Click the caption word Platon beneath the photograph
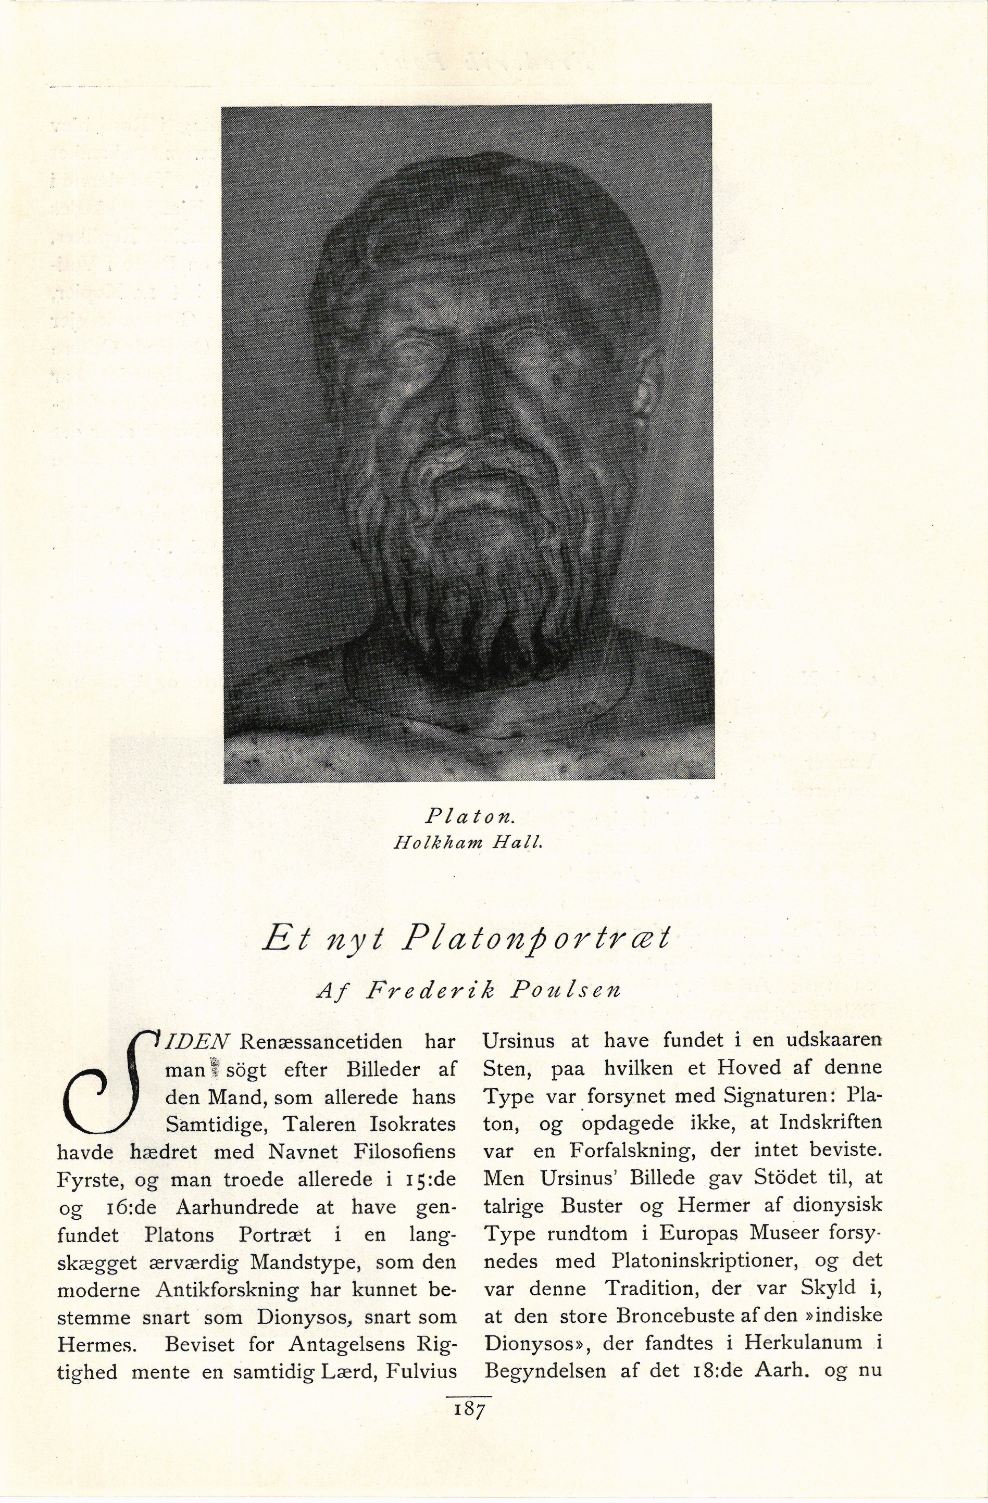pyautogui.click(x=471, y=816)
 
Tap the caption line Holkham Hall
pyautogui.click(x=468, y=842)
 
